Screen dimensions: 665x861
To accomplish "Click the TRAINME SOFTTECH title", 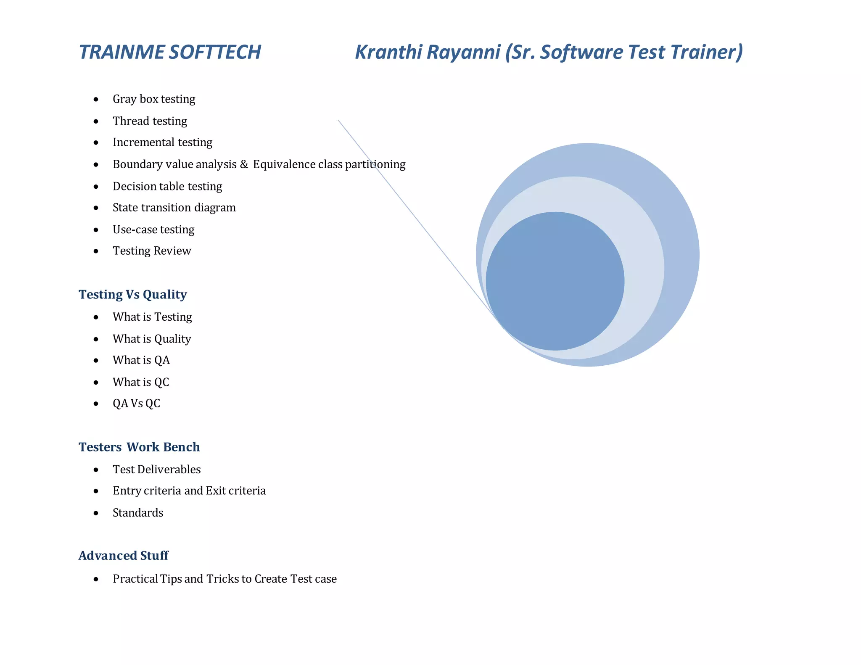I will point(170,53).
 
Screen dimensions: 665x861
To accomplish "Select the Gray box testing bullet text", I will point(154,99).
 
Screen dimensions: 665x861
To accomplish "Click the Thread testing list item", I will point(150,121).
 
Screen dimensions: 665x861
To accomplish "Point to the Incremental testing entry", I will point(162,142).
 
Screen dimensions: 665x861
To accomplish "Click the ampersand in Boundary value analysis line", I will point(244,164).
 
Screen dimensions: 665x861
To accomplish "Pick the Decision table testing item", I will point(167,186).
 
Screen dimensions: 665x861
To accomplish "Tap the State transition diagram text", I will point(174,208).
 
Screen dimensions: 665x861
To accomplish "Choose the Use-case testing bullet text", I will point(153,230).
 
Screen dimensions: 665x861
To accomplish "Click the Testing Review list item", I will point(152,251).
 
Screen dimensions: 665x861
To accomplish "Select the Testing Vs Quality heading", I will point(133,295).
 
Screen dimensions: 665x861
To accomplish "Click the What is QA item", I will point(141,360).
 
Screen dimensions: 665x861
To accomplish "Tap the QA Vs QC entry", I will point(136,404).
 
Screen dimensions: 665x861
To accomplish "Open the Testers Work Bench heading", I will point(139,447).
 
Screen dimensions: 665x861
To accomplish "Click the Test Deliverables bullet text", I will point(156,470).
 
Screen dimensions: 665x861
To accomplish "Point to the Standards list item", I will point(138,513).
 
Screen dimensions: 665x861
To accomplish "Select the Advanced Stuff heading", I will point(124,556).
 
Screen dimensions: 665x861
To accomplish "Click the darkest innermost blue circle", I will point(555,281).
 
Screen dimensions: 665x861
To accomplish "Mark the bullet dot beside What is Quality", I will point(96,339).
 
